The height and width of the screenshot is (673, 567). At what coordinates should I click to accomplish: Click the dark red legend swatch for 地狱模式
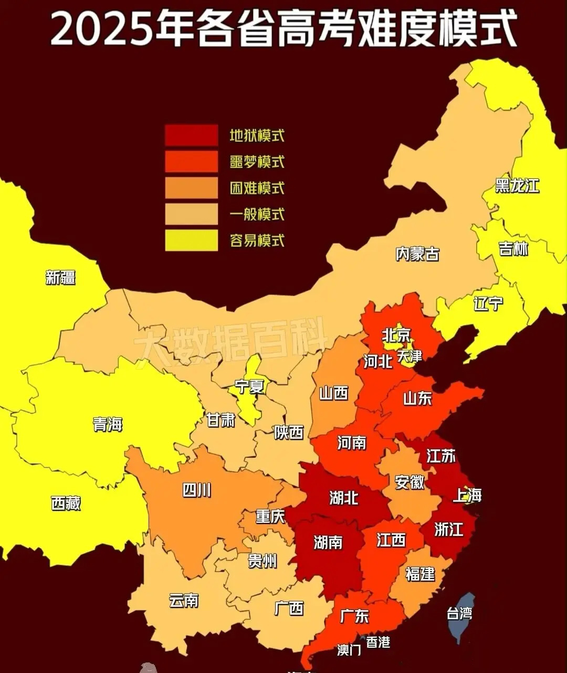coord(191,135)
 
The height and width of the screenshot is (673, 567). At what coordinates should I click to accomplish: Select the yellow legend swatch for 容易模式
coord(191,240)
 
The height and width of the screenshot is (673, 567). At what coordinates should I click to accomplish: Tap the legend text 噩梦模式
coord(257,162)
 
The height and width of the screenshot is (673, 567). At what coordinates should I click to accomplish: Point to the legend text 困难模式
coord(257,188)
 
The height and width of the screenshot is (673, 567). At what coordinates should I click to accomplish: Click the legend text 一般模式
coord(257,214)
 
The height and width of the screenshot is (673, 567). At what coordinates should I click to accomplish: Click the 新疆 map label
coord(60,277)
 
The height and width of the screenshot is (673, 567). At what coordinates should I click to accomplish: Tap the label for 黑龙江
coord(517,185)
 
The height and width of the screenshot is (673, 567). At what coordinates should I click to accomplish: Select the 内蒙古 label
coord(417,254)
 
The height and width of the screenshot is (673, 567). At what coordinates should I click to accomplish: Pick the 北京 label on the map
coord(396,335)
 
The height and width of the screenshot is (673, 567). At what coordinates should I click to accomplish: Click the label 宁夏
coord(249,387)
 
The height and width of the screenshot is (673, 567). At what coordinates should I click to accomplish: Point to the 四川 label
coord(197,490)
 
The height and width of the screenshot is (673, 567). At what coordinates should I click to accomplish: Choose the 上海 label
coord(467,495)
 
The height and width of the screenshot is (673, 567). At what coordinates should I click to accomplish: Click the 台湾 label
coord(459,613)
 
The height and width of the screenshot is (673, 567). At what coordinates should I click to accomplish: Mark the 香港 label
coord(378,642)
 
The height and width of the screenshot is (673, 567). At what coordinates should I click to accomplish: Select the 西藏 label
coord(66,503)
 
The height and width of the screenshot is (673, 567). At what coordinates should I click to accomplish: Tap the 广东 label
coord(354,616)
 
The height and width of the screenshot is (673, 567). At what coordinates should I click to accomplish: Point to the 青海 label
coord(108,424)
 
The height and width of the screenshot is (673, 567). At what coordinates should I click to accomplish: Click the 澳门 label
coord(349,650)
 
